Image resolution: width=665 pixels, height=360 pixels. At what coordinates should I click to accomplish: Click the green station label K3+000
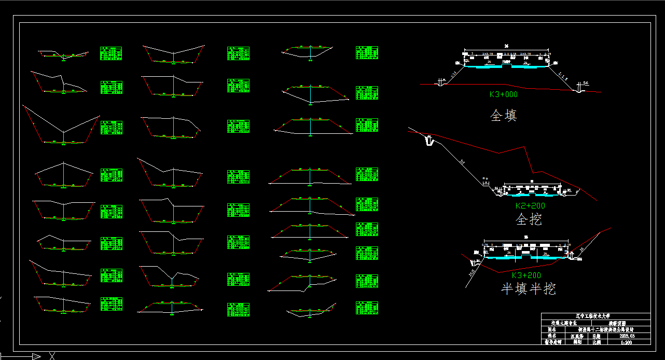pos(503,94)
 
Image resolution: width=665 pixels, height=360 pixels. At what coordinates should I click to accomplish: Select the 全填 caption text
pos(503,115)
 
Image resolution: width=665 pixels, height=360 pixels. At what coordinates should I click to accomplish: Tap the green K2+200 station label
pos(530,205)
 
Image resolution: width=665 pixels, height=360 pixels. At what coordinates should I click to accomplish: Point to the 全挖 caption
pos(529,219)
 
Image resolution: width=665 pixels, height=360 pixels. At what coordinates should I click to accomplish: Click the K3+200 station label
pos(526,275)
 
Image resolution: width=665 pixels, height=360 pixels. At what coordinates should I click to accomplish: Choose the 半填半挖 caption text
pos(528,289)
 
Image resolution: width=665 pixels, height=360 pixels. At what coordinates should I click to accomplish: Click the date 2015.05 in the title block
pos(627,336)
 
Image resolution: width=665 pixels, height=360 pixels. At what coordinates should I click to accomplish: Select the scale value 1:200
pos(627,342)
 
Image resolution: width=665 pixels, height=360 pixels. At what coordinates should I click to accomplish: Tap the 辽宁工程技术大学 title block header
pos(595,315)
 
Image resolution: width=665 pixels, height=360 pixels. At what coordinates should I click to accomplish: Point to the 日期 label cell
pos(597,336)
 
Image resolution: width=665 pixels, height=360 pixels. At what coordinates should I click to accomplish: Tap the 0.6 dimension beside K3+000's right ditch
pos(586,83)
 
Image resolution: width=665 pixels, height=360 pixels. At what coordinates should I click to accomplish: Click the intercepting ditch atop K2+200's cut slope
pos(429,140)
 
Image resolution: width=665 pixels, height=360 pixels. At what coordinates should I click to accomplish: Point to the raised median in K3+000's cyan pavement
pos(506,65)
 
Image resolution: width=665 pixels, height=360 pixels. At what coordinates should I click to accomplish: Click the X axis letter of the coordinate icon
pos(52,356)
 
